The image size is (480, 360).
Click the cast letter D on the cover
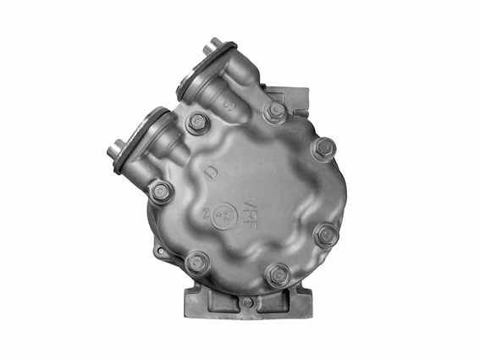tap(208, 175)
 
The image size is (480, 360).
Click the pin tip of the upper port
tap(208, 48)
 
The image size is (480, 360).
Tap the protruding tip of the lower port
tap(113, 152)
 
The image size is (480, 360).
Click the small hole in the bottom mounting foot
tap(246, 302)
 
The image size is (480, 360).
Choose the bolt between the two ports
tap(198, 123)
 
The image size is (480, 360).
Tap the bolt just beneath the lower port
tap(161, 191)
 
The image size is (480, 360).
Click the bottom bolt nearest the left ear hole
tap(198, 262)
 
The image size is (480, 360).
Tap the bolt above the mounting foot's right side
tap(277, 274)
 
